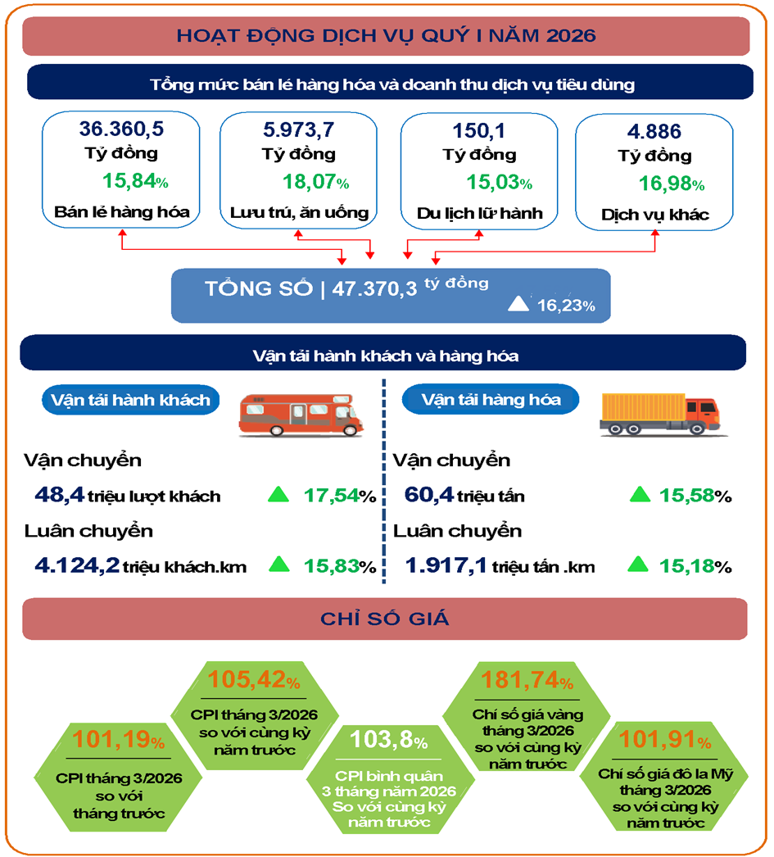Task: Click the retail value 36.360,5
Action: coord(122,129)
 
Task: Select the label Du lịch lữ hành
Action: coord(479,214)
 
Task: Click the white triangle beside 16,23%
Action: coord(520,304)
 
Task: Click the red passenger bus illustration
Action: coord(301,413)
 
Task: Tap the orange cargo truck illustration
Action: coord(659,412)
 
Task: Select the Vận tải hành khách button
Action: coord(130,400)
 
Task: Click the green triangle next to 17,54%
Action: coord(279,494)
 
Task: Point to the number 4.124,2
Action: coord(78,565)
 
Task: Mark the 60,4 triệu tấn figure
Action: coord(464,496)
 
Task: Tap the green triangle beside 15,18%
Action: coord(639,565)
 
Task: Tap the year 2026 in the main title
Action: coord(564,35)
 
